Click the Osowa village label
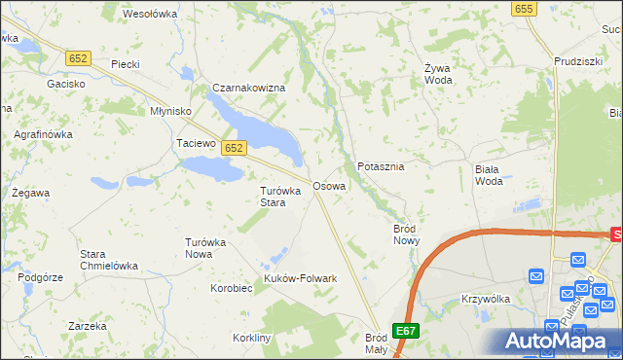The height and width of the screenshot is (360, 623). tap(329, 185)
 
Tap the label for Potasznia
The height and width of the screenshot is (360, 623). tap(381, 166)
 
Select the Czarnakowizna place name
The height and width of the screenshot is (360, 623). tap(249, 88)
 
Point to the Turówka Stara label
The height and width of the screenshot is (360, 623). tap(273, 197)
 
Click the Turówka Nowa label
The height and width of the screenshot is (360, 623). tap(205, 247)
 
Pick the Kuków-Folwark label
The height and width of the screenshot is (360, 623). tap(301, 278)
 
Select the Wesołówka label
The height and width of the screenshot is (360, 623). tap(150, 14)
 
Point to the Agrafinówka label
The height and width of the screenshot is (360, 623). tap(43, 134)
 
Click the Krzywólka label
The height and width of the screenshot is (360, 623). tap(487, 299)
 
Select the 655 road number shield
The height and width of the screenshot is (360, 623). tap(524, 8)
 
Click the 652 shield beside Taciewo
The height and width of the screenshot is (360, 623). tap(233, 148)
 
